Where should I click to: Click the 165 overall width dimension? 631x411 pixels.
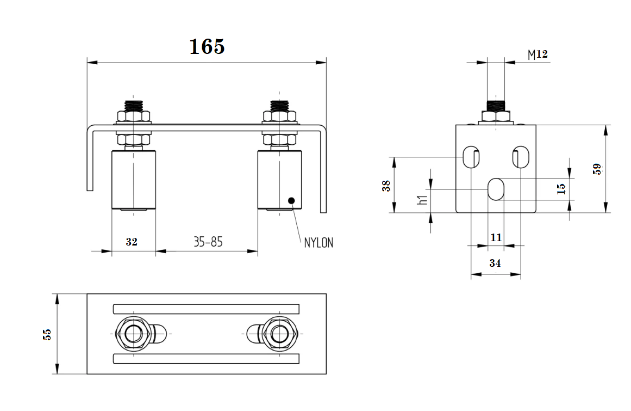pos(207,47)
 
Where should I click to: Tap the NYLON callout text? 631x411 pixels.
pos(318,243)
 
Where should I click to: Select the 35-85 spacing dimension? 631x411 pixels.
pos(208,242)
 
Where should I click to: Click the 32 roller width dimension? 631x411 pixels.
pos(132,242)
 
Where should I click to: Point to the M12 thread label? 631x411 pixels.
pos(538,54)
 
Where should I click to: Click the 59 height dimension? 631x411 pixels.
pos(597,169)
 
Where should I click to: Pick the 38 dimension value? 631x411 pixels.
pos(386,186)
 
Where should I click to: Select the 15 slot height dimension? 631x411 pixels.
pos(561,188)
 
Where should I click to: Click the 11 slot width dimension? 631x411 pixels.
pos(496,237)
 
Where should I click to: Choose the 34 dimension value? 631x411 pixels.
pos(495,263)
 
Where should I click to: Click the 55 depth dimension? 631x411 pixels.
pos(47,334)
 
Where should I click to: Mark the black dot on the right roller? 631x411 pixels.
pos(292,201)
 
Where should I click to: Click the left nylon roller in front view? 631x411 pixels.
pos(133,179)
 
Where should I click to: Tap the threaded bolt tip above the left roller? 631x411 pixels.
pos(133,105)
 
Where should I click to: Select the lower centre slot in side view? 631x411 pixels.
pos(496,189)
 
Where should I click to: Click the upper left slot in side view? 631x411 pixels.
pos(470,157)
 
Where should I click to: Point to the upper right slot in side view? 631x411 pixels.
pos(521,157)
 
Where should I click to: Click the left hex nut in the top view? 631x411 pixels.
pos(131,333)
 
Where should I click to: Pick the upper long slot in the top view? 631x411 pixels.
pos(206,309)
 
